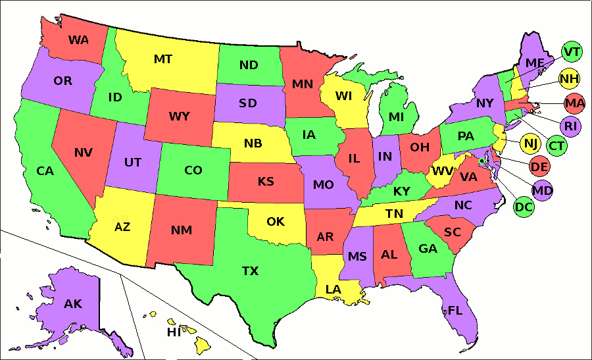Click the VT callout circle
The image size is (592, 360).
pyautogui.click(x=572, y=51)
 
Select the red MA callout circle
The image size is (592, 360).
pyautogui.click(x=574, y=103)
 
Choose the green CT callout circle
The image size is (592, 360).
pyautogui.click(x=556, y=145)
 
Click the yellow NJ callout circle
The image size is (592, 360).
pyautogui.click(x=530, y=142)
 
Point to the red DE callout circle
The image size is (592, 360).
pyautogui.click(x=539, y=167)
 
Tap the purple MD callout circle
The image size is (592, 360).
pyautogui.click(x=543, y=190)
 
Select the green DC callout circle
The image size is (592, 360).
pyautogui.click(x=524, y=207)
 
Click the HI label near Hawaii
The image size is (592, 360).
pyautogui.click(x=174, y=332)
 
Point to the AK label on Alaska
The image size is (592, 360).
pyautogui.click(x=73, y=304)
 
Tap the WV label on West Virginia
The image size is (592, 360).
pyautogui.click(x=442, y=172)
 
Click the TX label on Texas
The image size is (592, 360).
pyautogui.click(x=250, y=270)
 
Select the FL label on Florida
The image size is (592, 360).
pyautogui.click(x=455, y=311)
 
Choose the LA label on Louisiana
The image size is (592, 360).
pyautogui.click(x=333, y=289)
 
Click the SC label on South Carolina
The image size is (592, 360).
pyautogui.click(x=452, y=232)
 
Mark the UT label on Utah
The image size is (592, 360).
pyautogui.click(x=132, y=162)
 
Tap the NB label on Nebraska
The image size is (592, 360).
pyautogui.click(x=253, y=143)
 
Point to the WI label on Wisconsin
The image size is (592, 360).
pyautogui.click(x=343, y=96)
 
